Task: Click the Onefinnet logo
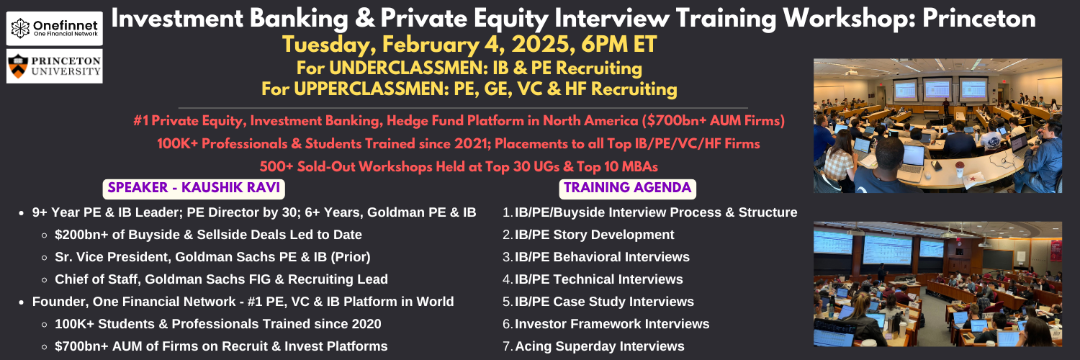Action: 55,28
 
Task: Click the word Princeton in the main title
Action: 979,18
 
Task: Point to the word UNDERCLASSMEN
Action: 409,68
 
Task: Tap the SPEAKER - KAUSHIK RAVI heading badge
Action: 194,189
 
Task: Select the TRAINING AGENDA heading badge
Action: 628,189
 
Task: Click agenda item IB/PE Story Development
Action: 594,235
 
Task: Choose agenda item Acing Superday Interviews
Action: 600,346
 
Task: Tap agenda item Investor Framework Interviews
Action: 612,324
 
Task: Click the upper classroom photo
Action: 937,126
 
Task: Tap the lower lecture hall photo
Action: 937,284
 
